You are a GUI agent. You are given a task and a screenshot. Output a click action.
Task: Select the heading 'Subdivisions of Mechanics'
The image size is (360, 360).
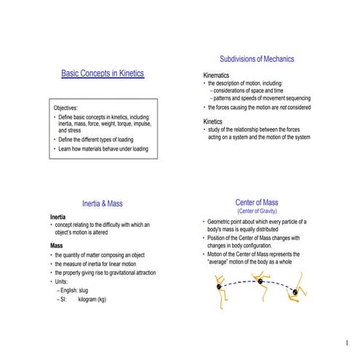(257, 59)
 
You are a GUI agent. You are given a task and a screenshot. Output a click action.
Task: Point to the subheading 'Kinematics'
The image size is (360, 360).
(215, 76)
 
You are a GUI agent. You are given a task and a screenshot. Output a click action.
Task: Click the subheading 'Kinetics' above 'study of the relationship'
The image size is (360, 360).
(212, 121)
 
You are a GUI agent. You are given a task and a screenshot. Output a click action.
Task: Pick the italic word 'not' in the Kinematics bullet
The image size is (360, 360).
(284, 108)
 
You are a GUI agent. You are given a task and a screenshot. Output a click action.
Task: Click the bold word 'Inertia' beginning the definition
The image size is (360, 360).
(60, 217)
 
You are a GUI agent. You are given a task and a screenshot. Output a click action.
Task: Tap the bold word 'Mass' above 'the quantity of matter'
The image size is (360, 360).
(57, 246)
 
